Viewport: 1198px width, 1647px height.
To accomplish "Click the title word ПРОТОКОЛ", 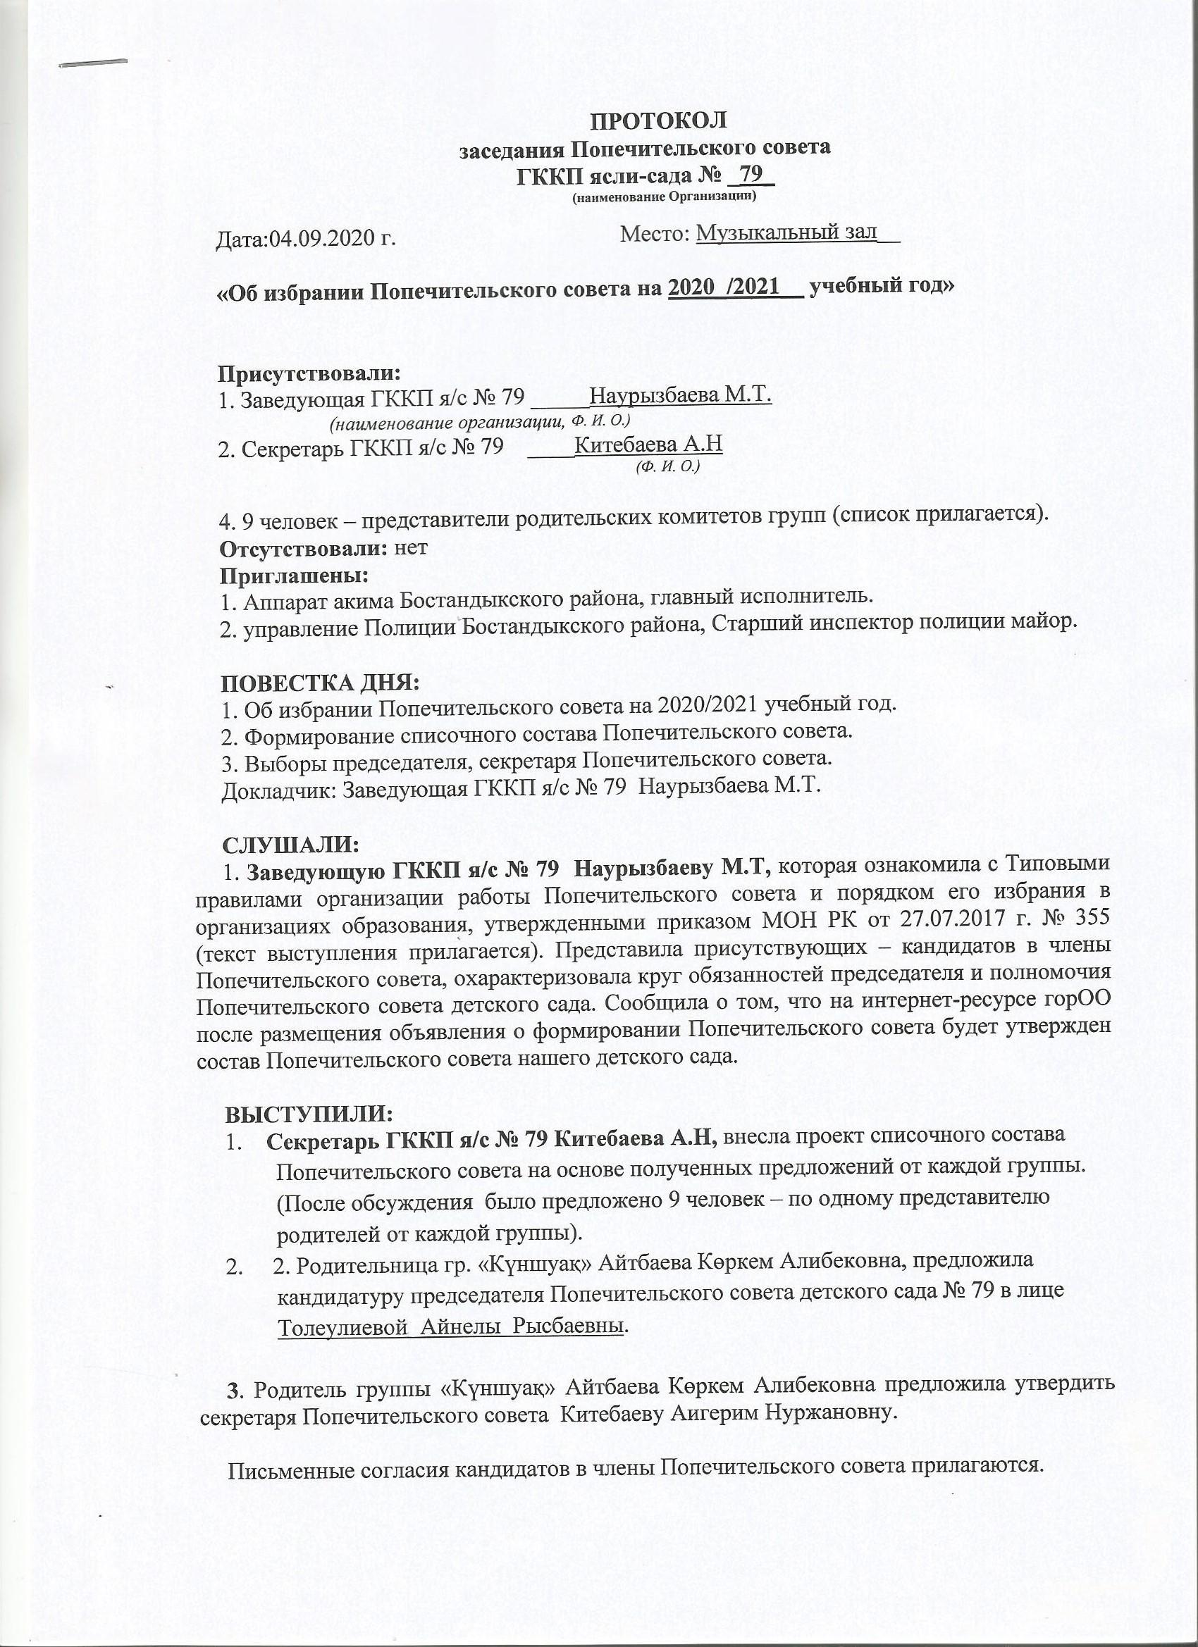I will click(657, 120).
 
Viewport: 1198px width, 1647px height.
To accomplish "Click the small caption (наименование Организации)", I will click(664, 197).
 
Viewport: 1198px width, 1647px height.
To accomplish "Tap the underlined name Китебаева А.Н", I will click(648, 445).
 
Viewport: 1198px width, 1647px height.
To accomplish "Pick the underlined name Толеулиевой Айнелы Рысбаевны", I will click(450, 1325).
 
